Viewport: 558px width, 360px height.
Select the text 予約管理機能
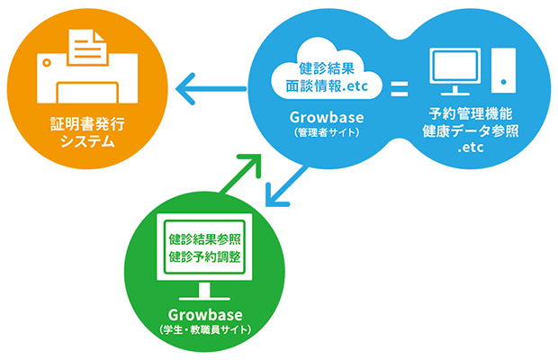471,114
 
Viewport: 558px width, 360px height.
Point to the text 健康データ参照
471,131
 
